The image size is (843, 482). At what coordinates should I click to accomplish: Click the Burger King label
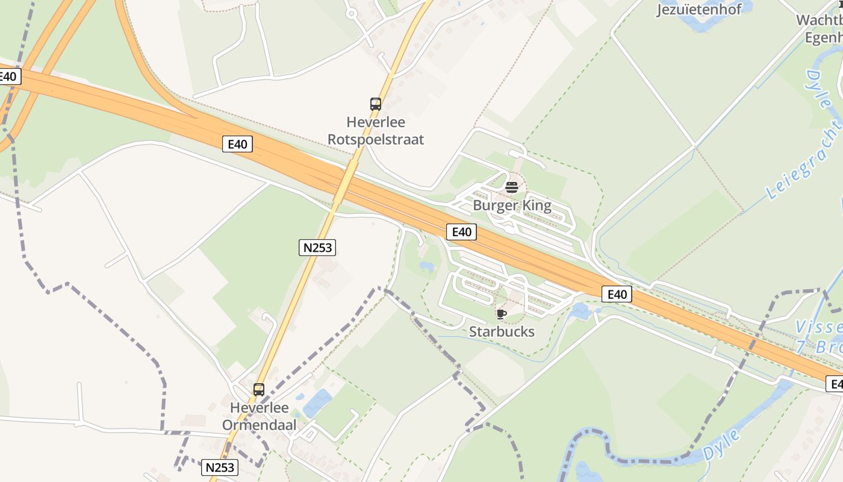click(x=512, y=205)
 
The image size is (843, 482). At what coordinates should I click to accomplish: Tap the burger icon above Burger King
click(x=512, y=187)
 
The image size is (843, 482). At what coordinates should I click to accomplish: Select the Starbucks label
click(x=502, y=331)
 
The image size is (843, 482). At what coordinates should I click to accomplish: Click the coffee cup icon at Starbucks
click(x=501, y=314)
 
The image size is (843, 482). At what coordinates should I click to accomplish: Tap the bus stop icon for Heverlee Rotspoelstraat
click(x=376, y=104)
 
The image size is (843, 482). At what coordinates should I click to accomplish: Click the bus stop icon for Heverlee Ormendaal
click(x=259, y=389)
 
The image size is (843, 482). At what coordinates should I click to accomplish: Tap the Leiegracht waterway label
click(x=804, y=160)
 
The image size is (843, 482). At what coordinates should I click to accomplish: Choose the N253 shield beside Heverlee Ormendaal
click(x=220, y=467)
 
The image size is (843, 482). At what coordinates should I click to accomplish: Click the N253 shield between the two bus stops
click(x=317, y=247)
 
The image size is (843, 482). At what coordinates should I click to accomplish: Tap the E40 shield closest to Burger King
click(x=461, y=232)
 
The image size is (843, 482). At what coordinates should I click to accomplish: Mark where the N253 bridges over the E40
click(x=343, y=185)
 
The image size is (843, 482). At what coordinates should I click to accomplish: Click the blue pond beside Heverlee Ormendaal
click(x=318, y=402)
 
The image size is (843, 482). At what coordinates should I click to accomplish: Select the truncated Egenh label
click(x=824, y=37)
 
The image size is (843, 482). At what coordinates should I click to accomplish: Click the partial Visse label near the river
click(x=818, y=327)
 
